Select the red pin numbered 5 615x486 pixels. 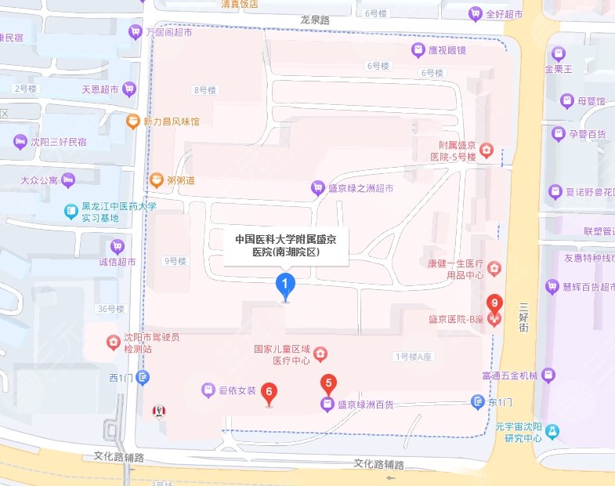[x=329, y=384]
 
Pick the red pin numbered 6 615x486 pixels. [x=270, y=391]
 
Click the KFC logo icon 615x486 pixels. [x=159, y=411]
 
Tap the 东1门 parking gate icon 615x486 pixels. [x=477, y=402]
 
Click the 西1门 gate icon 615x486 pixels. [x=143, y=378]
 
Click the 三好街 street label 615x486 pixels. [x=524, y=317]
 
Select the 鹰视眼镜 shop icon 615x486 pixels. [x=418, y=50]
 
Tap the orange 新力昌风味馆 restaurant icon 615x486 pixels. [x=134, y=121]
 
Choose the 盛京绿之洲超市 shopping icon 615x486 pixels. [x=317, y=188]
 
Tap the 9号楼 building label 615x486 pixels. [x=174, y=261]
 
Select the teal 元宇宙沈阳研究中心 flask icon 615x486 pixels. [x=554, y=430]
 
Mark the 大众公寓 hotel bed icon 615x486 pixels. [x=68, y=181]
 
